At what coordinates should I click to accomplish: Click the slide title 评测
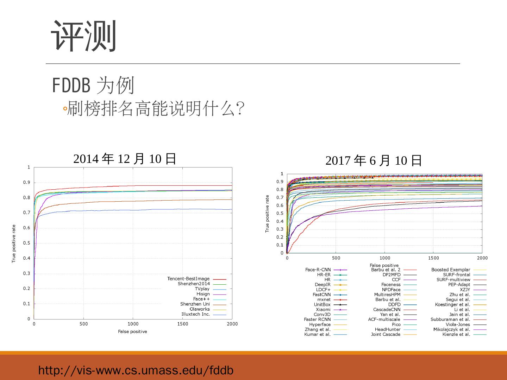pyautogui.click(x=84, y=36)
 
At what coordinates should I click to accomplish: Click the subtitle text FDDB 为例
pyautogui.click(x=93, y=85)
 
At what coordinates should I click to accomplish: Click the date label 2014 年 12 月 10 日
pyautogui.click(x=125, y=159)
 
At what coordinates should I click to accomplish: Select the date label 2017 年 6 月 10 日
pyautogui.click(x=374, y=161)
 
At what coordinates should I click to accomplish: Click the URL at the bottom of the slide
pyautogui.click(x=136, y=370)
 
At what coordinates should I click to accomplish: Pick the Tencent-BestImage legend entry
pyautogui.click(x=188, y=279)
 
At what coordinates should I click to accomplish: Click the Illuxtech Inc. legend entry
pyautogui.click(x=195, y=314)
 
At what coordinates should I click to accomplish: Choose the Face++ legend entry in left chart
pyautogui.click(x=201, y=299)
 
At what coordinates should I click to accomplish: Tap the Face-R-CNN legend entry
pyautogui.click(x=318, y=270)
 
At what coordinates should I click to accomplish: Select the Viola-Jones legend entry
pyautogui.click(x=458, y=324)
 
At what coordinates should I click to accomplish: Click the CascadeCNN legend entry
pyautogui.click(x=387, y=310)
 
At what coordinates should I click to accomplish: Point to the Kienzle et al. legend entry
pyautogui.click(x=456, y=334)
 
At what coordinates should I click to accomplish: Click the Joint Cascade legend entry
pyautogui.click(x=386, y=334)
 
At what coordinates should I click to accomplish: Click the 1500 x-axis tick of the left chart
pyautogui.click(x=182, y=324)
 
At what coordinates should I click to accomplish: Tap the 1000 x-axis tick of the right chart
pyautogui.click(x=385, y=258)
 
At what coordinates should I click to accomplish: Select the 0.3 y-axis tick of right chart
pyautogui.click(x=282, y=229)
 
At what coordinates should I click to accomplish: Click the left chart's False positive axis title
pyautogui.click(x=132, y=331)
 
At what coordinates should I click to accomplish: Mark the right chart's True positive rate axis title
pyautogui.click(x=267, y=214)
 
